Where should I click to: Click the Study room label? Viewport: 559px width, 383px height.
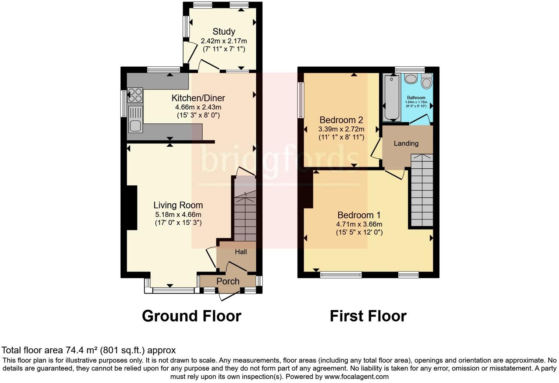(224, 32)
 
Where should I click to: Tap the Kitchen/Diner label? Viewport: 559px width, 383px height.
(198, 98)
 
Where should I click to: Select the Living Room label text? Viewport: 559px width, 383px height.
(178, 205)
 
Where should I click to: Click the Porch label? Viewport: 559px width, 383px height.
(228, 281)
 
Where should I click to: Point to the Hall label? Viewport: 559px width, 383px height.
(241, 252)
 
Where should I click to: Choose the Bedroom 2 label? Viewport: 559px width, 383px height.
(341, 120)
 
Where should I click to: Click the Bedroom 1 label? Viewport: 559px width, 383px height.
(359, 215)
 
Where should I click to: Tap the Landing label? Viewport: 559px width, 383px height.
(406, 143)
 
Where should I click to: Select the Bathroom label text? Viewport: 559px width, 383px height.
(416, 98)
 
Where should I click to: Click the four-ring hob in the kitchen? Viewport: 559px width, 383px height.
(135, 95)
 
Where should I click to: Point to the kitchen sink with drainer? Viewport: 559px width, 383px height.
(135, 119)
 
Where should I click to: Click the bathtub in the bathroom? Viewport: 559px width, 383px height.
(392, 97)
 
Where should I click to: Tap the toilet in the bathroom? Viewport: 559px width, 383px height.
(426, 81)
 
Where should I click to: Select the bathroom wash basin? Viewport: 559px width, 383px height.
(410, 78)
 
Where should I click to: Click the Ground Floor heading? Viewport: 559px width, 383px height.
(191, 316)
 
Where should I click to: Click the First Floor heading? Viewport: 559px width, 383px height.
(368, 316)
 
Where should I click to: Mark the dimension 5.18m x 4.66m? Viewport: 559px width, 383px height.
(178, 214)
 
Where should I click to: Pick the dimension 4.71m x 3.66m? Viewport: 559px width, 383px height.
(359, 224)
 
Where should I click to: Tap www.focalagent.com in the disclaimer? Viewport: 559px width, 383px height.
(356, 376)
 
